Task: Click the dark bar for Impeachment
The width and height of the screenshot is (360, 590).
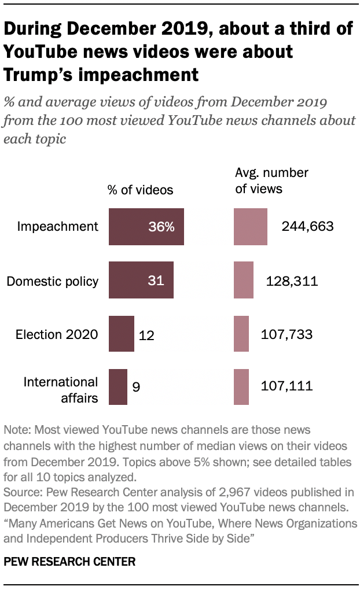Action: tap(146, 227)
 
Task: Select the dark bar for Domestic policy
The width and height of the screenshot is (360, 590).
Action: tap(141, 281)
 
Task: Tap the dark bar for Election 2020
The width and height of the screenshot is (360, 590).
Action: tap(122, 334)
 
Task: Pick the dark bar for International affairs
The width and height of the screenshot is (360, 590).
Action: tap(118, 386)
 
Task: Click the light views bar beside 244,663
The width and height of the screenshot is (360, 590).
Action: tap(251, 227)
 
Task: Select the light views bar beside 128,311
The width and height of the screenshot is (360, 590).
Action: tap(244, 281)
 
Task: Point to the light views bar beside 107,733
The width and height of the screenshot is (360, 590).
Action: tap(241, 334)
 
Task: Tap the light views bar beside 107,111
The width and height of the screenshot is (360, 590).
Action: tap(241, 386)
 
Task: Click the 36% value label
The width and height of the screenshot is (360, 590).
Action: tap(161, 227)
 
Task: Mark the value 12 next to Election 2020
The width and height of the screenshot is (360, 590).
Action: tap(146, 335)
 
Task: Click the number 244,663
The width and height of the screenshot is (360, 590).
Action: tap(307, 227)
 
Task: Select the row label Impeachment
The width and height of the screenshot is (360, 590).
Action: tap(58, 227)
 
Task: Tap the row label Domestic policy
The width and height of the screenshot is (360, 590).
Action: tap(53, 281)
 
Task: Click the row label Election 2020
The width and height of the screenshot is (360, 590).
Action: tap(57, 335)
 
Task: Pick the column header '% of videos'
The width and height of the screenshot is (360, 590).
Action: tap(141, 189)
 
